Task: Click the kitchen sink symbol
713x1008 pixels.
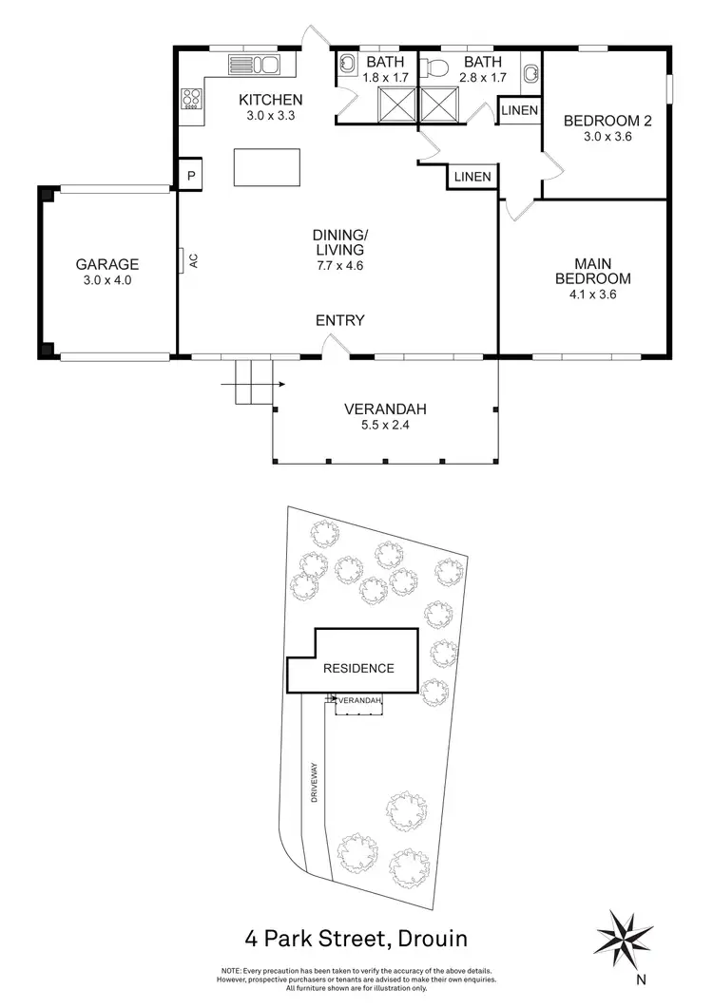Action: [254, 65]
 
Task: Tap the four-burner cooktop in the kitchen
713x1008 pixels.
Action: [191, 98]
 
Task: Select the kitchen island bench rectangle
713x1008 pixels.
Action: [266, 167]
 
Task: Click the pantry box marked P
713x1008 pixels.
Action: [191, 176]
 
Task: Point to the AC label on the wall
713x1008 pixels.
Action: [194, 260]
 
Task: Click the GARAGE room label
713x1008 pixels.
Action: [107, 265]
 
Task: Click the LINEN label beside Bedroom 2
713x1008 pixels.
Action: [520, 111]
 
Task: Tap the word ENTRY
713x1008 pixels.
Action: [340, 321]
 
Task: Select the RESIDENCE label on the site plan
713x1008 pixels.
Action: [358, 668]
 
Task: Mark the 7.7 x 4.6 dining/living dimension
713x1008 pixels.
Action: [340, 266]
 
